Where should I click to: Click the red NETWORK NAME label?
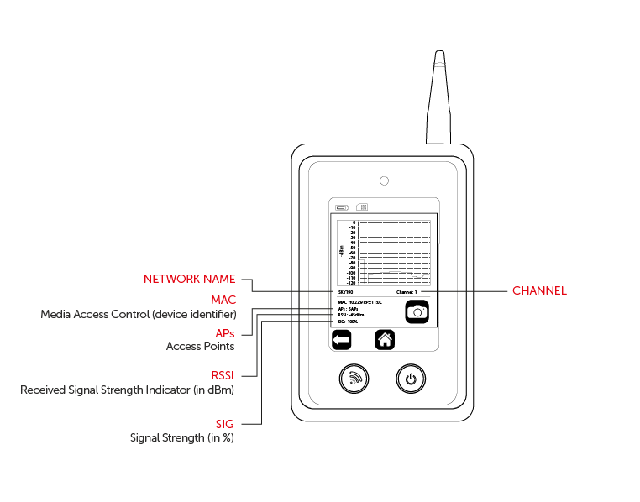click(189, 279)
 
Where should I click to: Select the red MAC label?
click(223, 300)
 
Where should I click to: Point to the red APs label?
click(224, 333)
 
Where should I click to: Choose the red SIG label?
click(224, 424)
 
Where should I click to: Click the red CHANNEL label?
click(539, 291)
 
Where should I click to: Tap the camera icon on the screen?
click(417, 311)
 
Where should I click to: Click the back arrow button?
click(341, 340)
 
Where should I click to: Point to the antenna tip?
click(438, 55)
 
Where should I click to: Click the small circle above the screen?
click(384, 180)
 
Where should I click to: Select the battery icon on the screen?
click(342, 207)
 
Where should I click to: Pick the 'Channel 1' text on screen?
click(407, 292)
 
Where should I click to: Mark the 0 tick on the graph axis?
click(354, 222)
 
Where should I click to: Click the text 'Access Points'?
click(200, 346)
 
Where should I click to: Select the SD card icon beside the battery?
click(362, 207)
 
